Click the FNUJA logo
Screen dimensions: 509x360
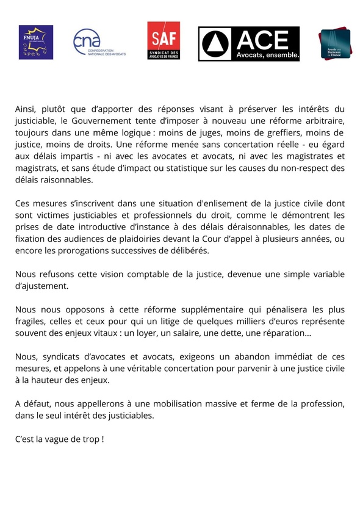[35, 42]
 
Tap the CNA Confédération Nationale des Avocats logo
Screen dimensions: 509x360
[98, 43]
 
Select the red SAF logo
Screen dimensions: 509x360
[164, 41]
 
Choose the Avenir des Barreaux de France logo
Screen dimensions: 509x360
[334, 43]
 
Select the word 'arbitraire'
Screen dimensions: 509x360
[322, 121]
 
